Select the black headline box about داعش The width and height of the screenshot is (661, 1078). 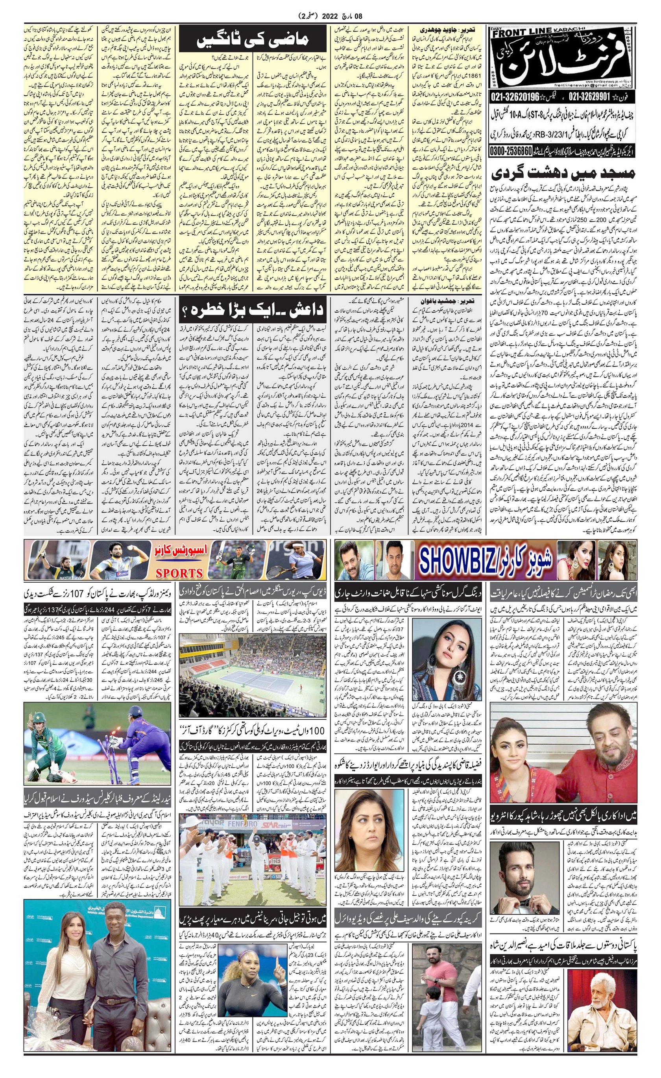click(x=252, y=310)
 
